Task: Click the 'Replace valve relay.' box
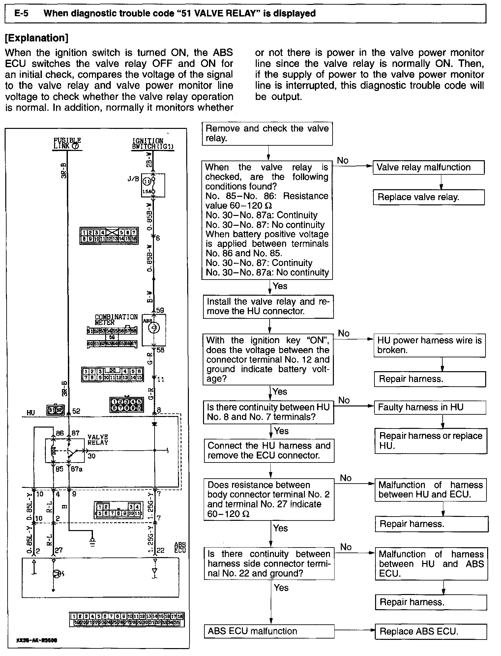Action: coord(428,197)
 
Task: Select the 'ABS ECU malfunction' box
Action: coord(269,631)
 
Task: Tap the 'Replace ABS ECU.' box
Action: coord(430,631)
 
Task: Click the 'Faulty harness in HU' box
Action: coord(430,407)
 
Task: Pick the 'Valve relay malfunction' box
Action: coord(428,167)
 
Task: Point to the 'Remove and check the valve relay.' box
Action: coord(267,133)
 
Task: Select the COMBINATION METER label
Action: coord(116,319)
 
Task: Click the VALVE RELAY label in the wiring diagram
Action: coord(98,440)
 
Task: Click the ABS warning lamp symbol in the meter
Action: coord(154,328)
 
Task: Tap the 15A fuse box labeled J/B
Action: coord(153,185)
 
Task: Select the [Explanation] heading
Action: coord(37,38)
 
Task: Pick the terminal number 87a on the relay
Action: coord(77,469)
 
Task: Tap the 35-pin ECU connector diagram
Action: coord(127,619)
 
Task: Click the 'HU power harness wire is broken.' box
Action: coord(429,345)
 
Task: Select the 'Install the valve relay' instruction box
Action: coord(268,307)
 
